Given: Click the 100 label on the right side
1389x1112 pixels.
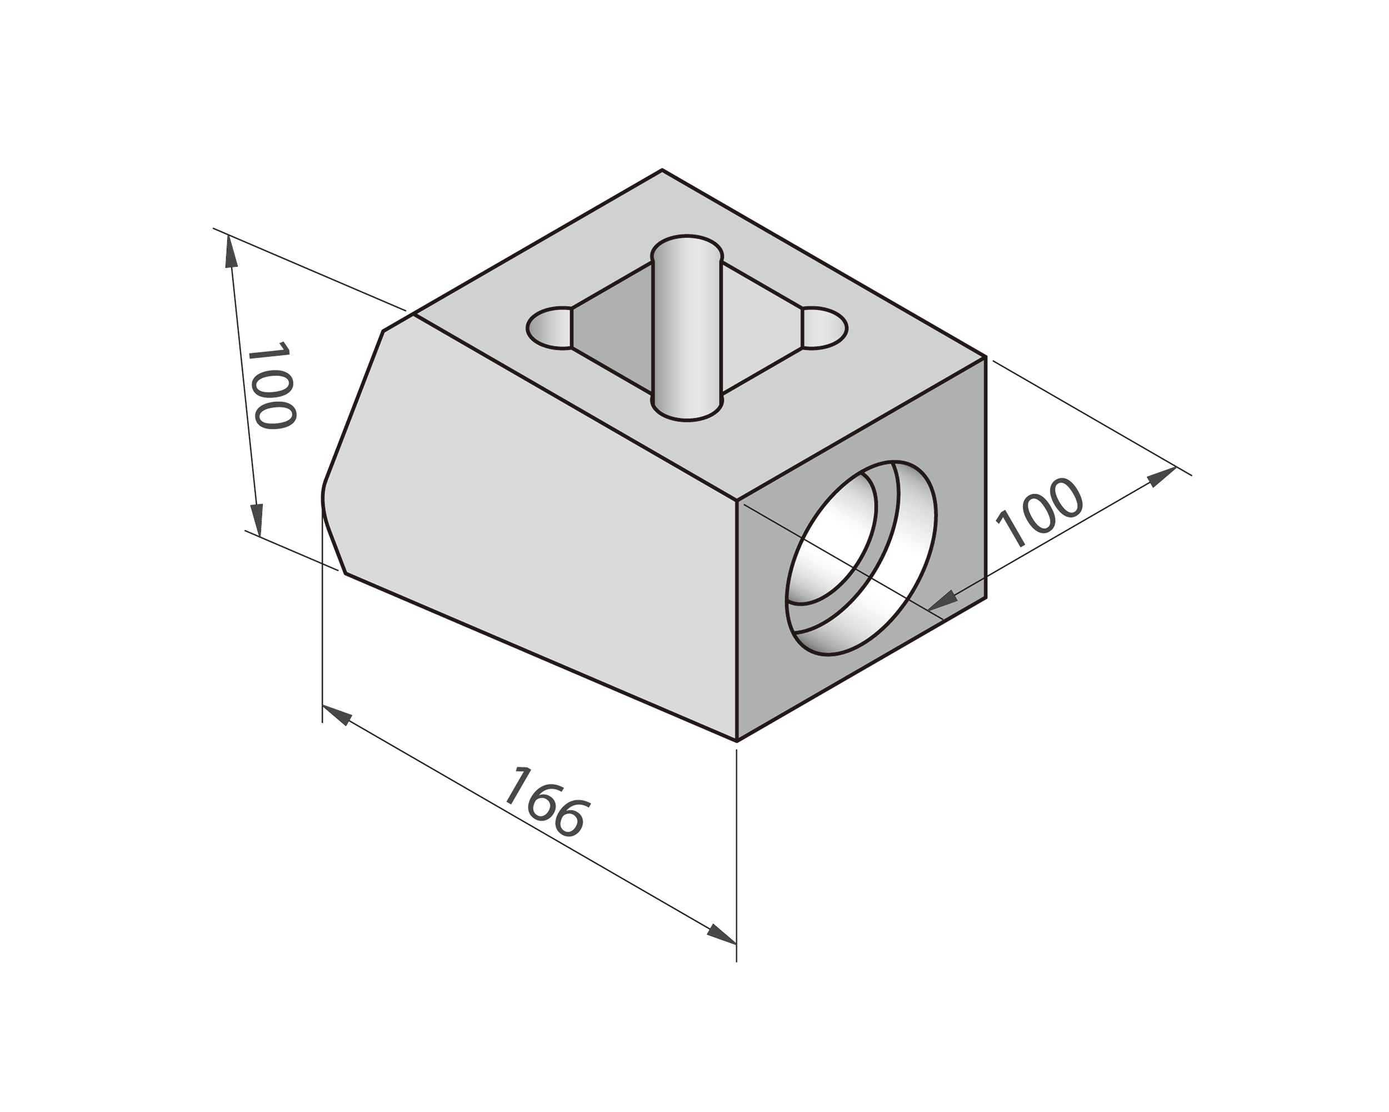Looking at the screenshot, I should pyautogui.click(x=1038, y=513).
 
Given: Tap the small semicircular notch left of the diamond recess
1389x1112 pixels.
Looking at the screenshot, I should pyautogui.click(x=549, y=328).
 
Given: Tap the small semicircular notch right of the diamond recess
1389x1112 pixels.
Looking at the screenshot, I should pyautogui.click(x=825, y=328).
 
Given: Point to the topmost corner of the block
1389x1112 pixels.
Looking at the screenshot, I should pyautogui.click(x=662, y=170).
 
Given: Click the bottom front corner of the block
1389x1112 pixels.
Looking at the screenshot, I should pyautogui.click(x=736, y=741).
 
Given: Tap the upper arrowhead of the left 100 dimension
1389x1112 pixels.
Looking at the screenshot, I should pyautogui.click(x=230, y=251).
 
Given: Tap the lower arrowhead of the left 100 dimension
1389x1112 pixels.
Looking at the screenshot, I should pyautogui.click(x=257, y=519).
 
